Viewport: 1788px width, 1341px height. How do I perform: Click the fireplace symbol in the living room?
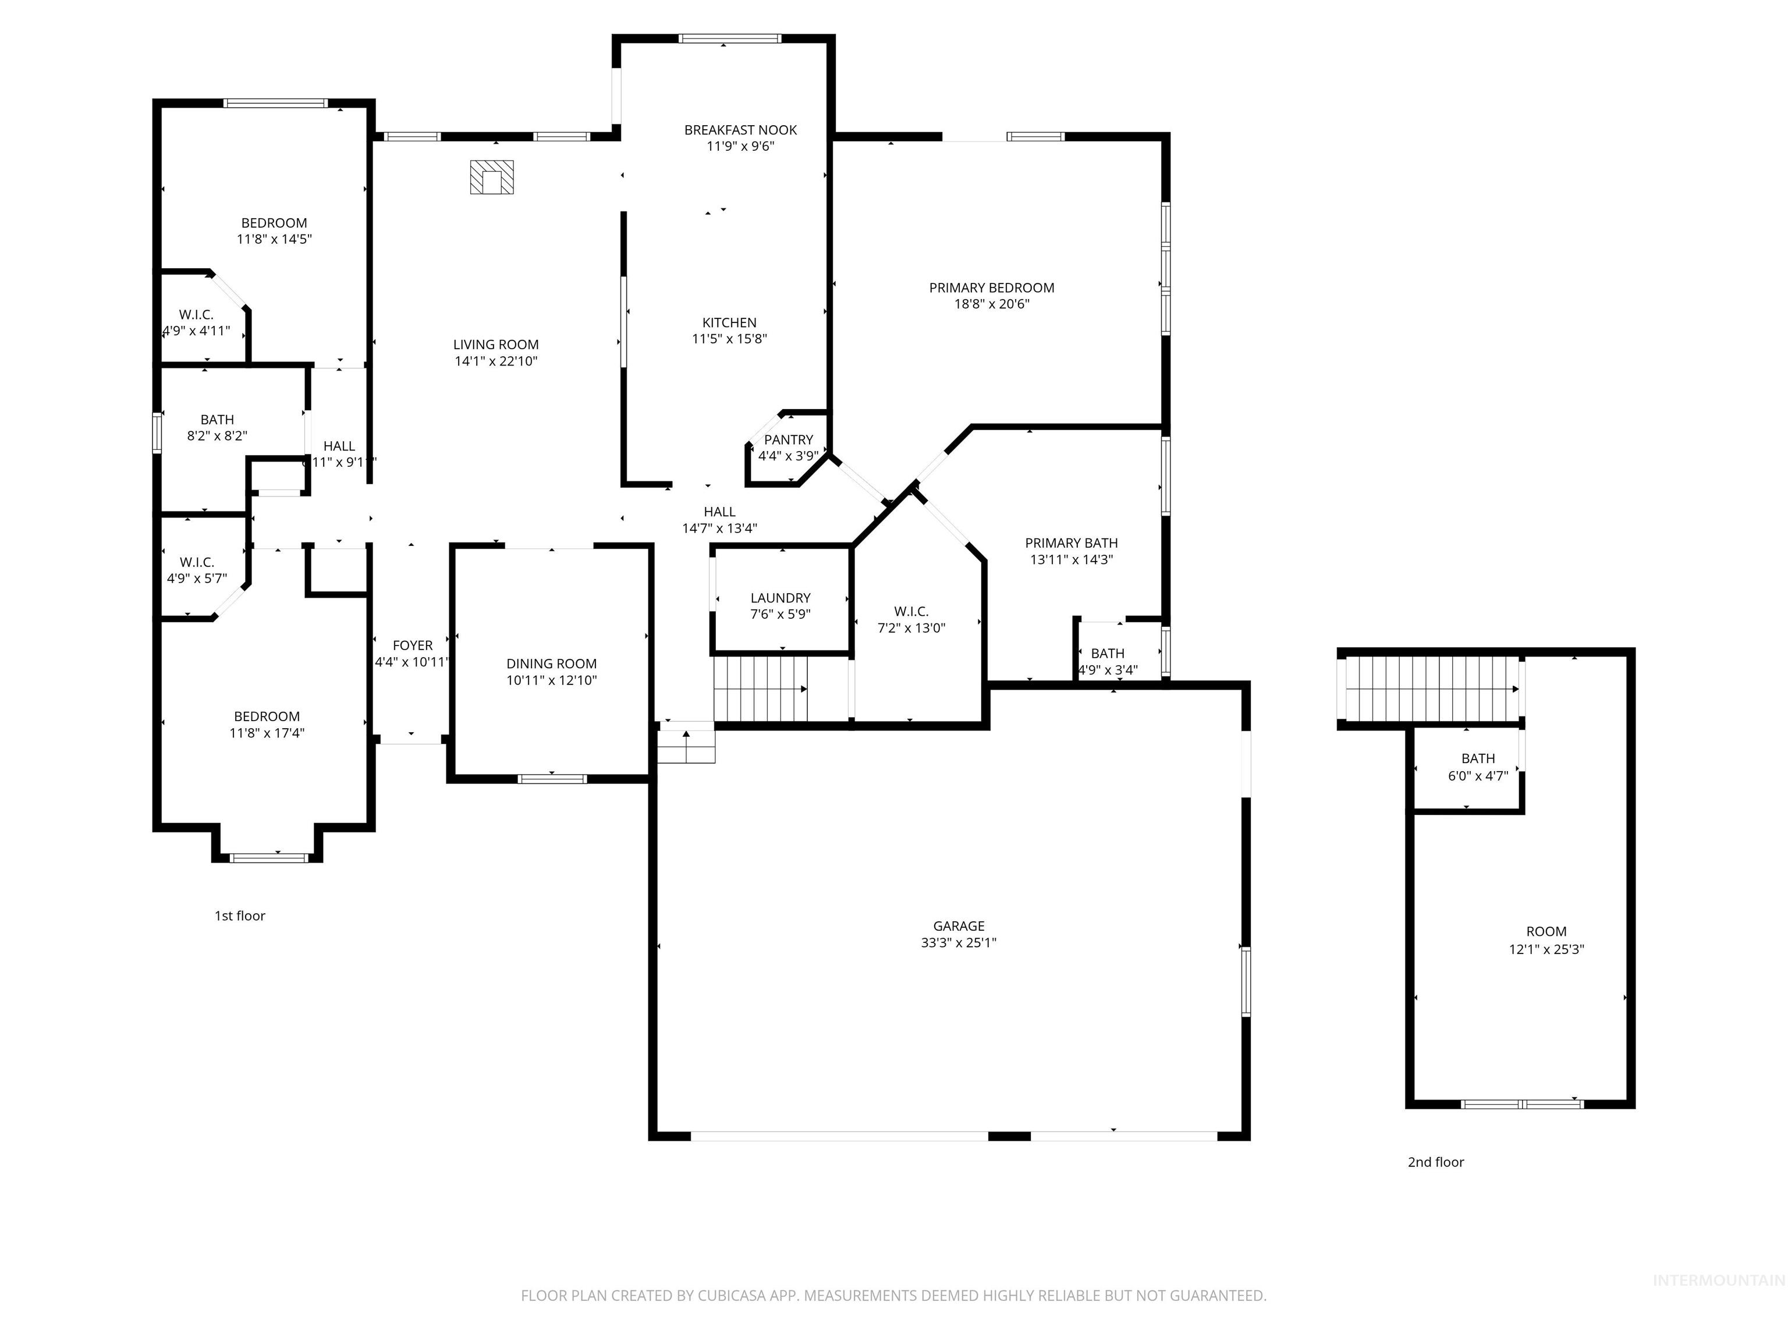pyautogui.click(x=491, y=177)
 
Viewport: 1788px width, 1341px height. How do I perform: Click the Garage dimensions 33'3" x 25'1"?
pyautogui.click(x=958, y=942)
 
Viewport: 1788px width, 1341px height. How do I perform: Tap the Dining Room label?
pyautogui.click(x=551, y=664)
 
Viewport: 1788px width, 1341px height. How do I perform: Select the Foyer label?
pyautogui.click(x=412, y=645)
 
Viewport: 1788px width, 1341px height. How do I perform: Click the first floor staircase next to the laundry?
pyautogui.click(x=760, y=689)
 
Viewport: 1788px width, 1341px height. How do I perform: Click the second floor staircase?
pyautogui.click(x=1431, y=688)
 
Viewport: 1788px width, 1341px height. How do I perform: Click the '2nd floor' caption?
pyautogui.click(x=1435, y=1162)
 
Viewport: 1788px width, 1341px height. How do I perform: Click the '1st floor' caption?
pyautogui.click(x=239, y=916)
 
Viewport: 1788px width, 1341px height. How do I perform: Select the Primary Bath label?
pyautogui.click(x=1071, y=543)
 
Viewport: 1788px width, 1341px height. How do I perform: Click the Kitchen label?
pyautogui.click(x=729, y=322)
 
